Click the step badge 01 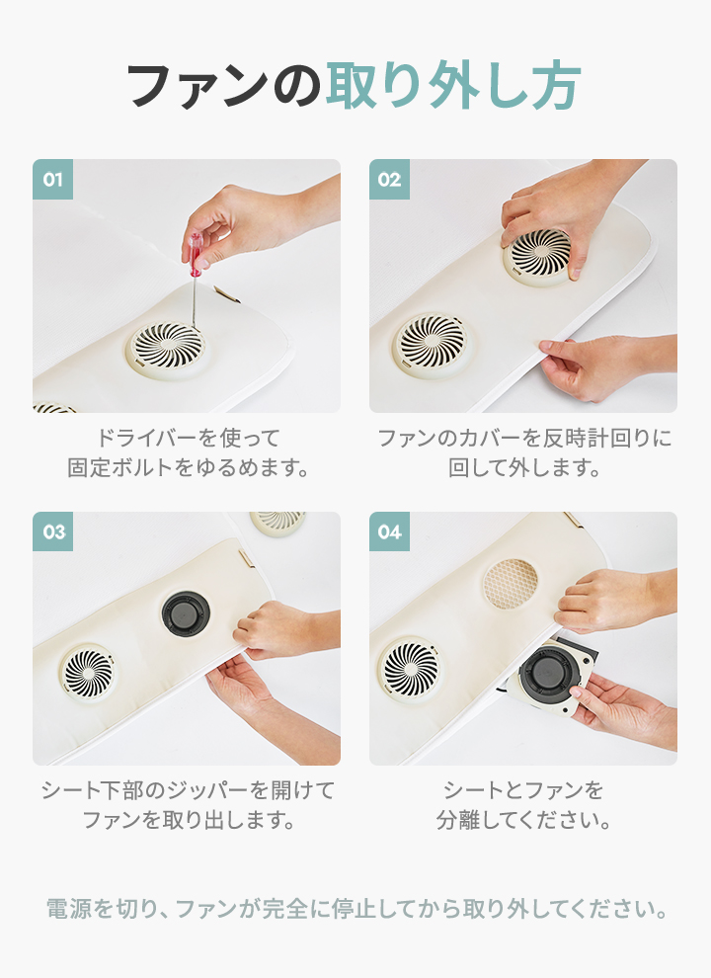52,179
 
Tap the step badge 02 389,179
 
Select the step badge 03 52,531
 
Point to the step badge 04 389,531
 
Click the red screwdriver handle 197,253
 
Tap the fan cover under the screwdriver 167,349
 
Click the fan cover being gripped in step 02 537,256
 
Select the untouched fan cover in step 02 432,345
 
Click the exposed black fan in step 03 186,612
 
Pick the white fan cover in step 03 89,673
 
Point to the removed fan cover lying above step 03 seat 277,523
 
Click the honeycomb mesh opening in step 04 511,584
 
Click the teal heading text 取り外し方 453,85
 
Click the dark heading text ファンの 223,85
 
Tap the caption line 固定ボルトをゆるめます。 189,467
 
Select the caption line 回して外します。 524,467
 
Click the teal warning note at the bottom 356,909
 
